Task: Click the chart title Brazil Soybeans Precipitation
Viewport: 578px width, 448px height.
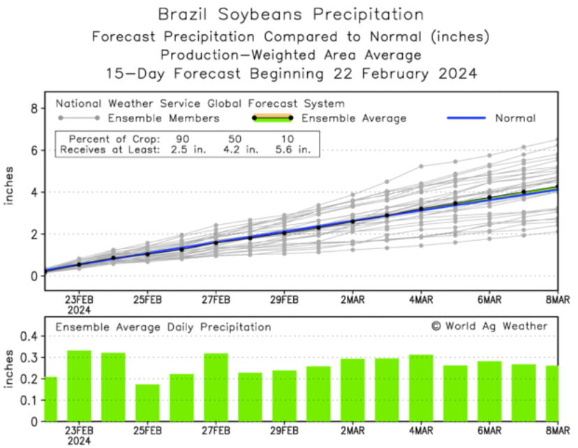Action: (x=290, y=14)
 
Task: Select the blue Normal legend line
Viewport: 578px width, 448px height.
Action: (x=466, y=118)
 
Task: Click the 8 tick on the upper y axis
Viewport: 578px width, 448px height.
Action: (x=33, y=108)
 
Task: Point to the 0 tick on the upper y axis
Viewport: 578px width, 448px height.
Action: (x=33, y=276)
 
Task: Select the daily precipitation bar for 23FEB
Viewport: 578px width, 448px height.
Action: (x=79, y=386)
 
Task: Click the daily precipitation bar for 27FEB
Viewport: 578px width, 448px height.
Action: (x=216, y=387)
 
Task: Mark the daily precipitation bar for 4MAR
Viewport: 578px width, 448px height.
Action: (x=421, y=388)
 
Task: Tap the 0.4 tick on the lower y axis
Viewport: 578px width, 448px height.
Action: (x=29, y=336)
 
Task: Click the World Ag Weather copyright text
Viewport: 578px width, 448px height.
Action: (x=489, y=326)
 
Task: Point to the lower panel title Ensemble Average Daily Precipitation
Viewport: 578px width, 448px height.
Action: (x=163, y=327)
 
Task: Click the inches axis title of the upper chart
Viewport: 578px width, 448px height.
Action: (x=10, y=186)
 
